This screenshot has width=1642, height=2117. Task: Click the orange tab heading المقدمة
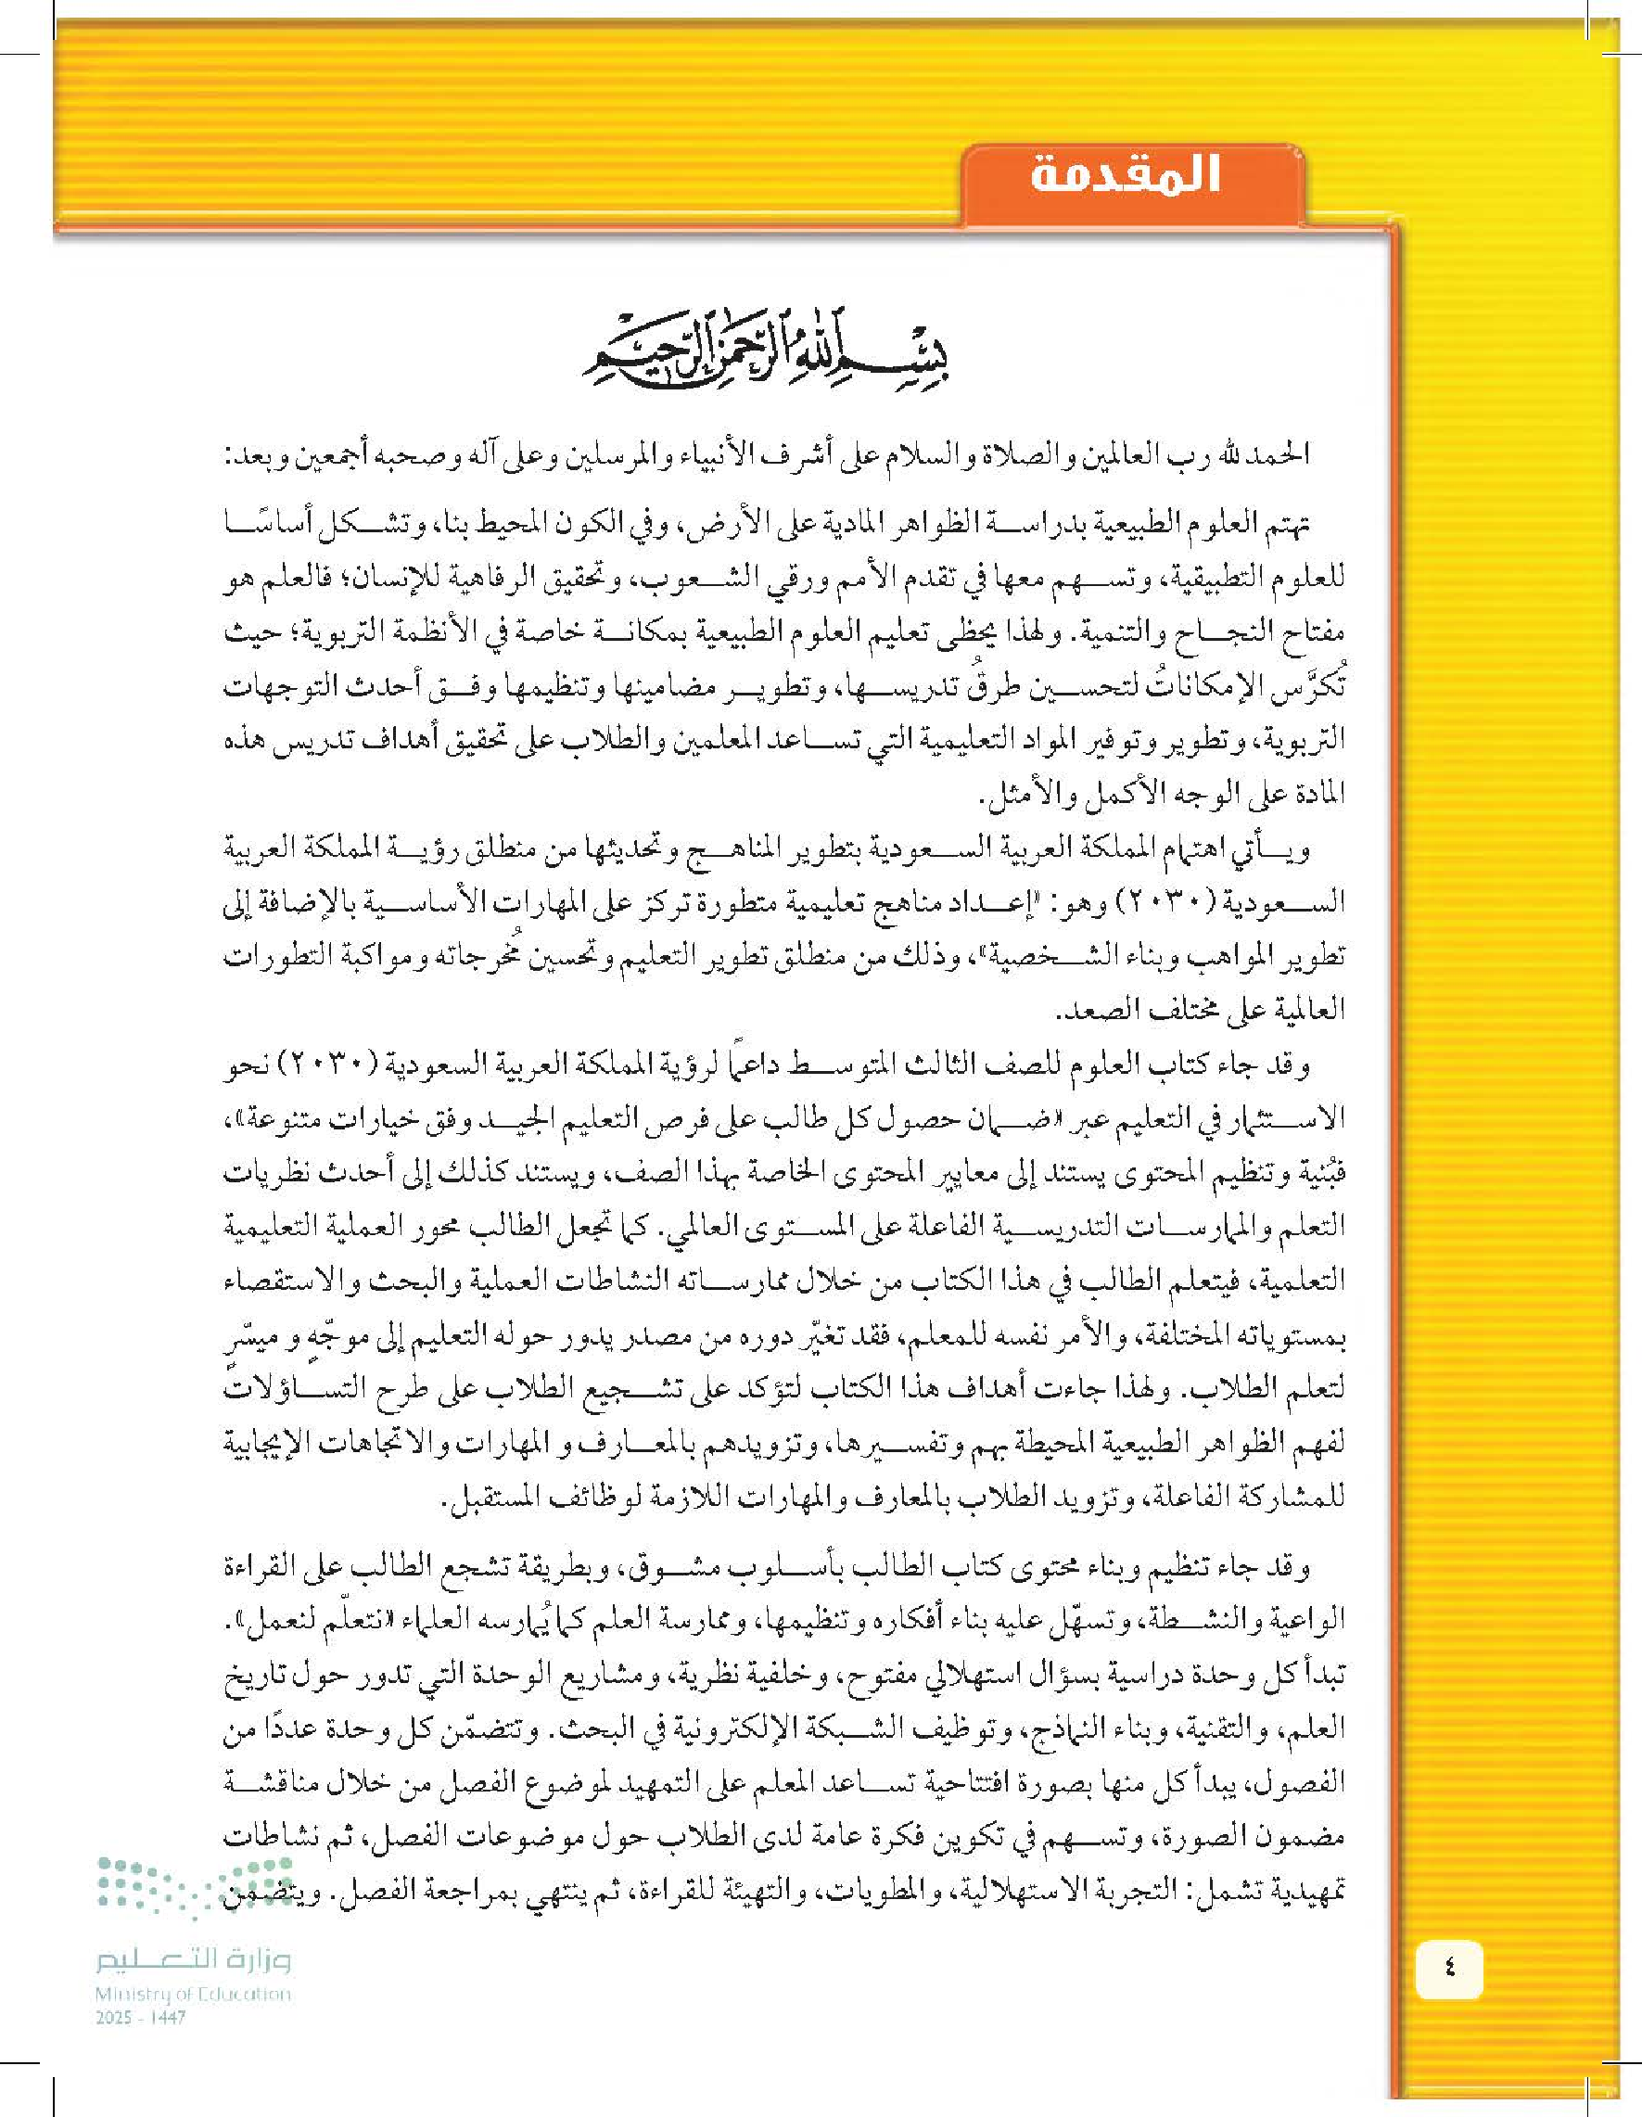click(x=1125, y=178)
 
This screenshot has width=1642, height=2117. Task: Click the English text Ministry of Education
click(x=193, y=1995)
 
